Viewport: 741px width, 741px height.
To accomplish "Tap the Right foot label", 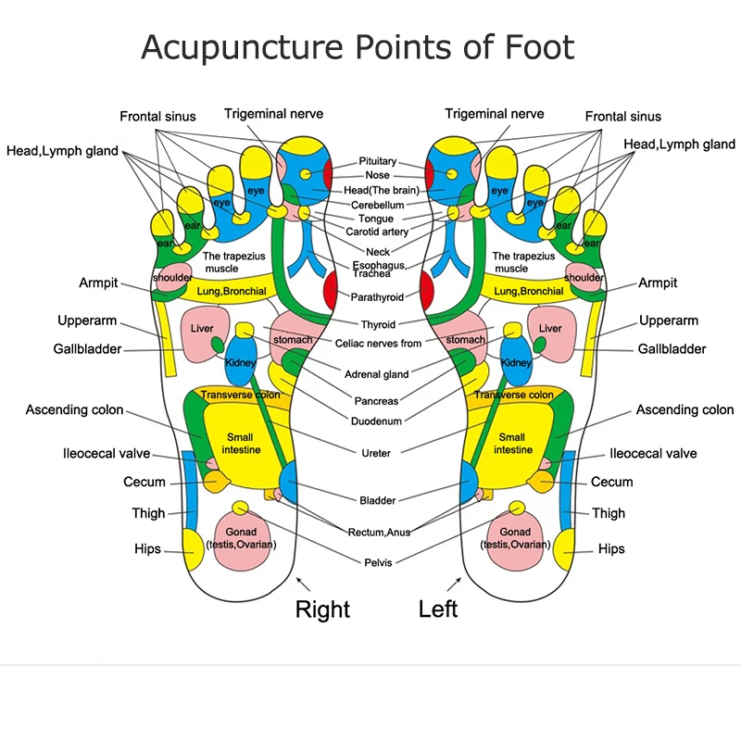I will [x=322, y=609].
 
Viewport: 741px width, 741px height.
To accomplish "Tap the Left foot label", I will [x=438, y=609].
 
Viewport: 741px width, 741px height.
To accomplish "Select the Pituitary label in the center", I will [x=378, y=161].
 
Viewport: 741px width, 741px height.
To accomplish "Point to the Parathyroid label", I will [x=377, y=297].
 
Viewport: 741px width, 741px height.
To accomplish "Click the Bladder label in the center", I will [x=377, y=500].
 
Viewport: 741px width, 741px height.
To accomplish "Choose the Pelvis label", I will [x=378, y=562].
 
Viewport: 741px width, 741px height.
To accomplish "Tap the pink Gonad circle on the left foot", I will [x=515, y=537].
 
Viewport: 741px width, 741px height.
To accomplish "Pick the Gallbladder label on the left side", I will [x=89, y=349].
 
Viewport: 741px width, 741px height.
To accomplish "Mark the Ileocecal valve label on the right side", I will [x=653, y=454].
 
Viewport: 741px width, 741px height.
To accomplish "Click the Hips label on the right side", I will [x=611, y=548].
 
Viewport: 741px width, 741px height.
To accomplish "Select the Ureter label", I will [x=376, y=453].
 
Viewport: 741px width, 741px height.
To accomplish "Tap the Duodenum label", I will [x=378, y=421].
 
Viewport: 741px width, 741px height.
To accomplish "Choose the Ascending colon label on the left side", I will [x=74, y=409].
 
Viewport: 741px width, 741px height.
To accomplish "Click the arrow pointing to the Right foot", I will [x=301, y=584].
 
